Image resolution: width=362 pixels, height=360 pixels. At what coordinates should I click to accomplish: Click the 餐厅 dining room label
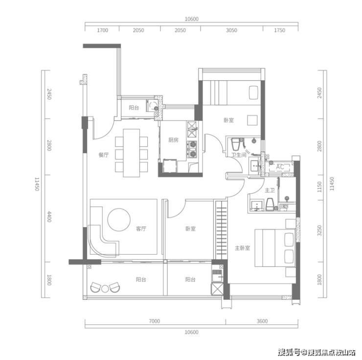pos(103,155)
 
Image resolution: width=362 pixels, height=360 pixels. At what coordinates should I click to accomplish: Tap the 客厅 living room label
pos(141,229)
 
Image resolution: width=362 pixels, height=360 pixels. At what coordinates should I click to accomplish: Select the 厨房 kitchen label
pos(173,140)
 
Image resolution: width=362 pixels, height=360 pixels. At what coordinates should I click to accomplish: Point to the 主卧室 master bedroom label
pos(243,248)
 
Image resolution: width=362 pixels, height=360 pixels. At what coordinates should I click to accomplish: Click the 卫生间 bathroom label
pos(239,155)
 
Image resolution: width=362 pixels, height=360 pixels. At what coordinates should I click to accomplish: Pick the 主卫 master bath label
pos(270,191)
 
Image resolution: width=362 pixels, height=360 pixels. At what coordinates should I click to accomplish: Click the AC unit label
pos(280,167)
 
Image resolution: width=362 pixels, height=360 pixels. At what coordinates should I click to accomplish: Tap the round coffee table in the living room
pos(119,219)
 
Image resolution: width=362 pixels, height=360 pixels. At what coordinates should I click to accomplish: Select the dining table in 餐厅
pos(132,153)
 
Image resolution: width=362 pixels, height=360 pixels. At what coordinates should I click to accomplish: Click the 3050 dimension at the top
pos(231,30)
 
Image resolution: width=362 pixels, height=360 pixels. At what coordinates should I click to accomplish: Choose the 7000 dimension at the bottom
pos(154,321)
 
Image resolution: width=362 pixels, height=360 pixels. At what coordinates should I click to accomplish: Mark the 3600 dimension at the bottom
pos(262,321)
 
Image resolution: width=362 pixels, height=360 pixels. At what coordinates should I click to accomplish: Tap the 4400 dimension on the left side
pos(49,216)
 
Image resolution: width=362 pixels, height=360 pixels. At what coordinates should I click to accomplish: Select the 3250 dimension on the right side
pos(319,231)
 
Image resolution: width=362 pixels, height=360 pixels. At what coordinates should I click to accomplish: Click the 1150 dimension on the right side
pos(319,187)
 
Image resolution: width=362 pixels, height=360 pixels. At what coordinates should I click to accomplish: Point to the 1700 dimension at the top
pos(102,30)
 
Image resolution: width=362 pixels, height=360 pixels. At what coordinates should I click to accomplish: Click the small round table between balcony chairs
pos(105,289)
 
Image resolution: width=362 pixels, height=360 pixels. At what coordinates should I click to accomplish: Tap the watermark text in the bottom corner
pos(317,352)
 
